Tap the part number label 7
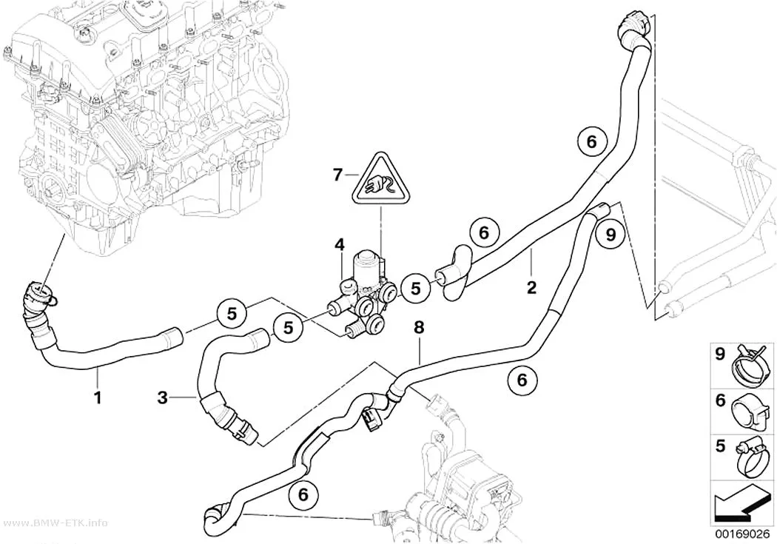[x=337, y=175]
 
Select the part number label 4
[x=339, y=245]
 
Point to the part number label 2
[x=531, y=287]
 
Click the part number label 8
[x=420, y=327]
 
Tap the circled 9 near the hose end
[x=610, y=234]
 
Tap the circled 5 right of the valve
[x=415, y=288]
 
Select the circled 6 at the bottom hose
[x=303, y=494]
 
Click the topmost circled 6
[x=592, y=141]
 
